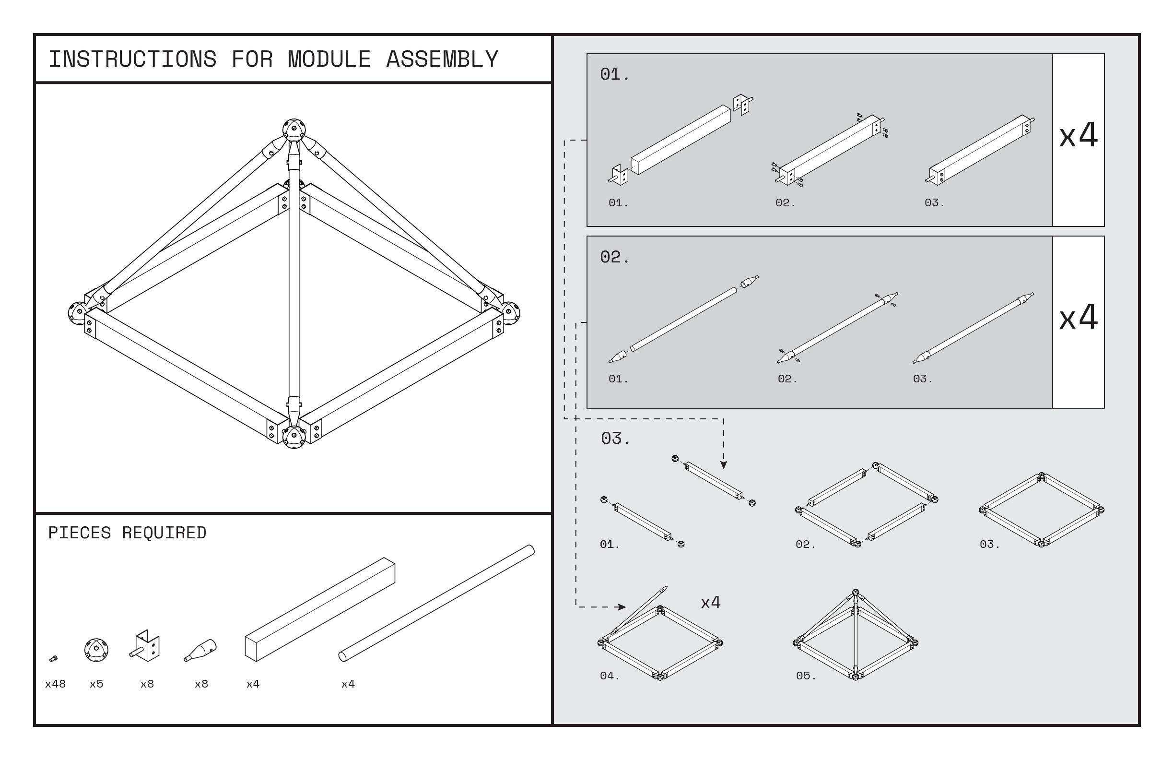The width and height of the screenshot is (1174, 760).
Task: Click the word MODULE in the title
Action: pos(329,59)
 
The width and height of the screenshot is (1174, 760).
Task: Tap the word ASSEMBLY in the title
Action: pos(442,59)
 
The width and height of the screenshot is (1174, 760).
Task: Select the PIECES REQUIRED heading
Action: pos(127,533)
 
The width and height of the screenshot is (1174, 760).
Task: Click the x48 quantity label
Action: pos(55,684)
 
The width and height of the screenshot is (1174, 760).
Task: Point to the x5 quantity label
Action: pos(96,684)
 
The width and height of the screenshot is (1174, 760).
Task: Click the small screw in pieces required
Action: pos(54,658)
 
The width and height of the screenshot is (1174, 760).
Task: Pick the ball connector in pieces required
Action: pos(96,650)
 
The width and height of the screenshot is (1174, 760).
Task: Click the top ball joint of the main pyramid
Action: pos(294,130)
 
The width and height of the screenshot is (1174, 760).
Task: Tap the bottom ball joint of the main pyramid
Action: pos(294,437)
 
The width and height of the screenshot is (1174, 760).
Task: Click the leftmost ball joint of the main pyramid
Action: pos(78,313)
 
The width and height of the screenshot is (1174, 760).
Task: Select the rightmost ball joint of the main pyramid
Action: pos(511,312)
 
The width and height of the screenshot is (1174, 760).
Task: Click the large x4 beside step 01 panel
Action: pos(1078,135)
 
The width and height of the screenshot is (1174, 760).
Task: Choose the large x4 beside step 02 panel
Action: pos(1078,317)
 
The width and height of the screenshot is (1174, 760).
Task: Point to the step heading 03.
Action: pos(615,438)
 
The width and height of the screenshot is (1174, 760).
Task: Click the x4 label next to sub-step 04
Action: pos(711,602)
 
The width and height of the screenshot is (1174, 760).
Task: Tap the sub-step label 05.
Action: pos(806,676)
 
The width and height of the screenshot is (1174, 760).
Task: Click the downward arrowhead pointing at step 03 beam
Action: pos(724,465)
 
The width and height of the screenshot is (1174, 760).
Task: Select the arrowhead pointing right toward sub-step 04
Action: pos(622,607)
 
